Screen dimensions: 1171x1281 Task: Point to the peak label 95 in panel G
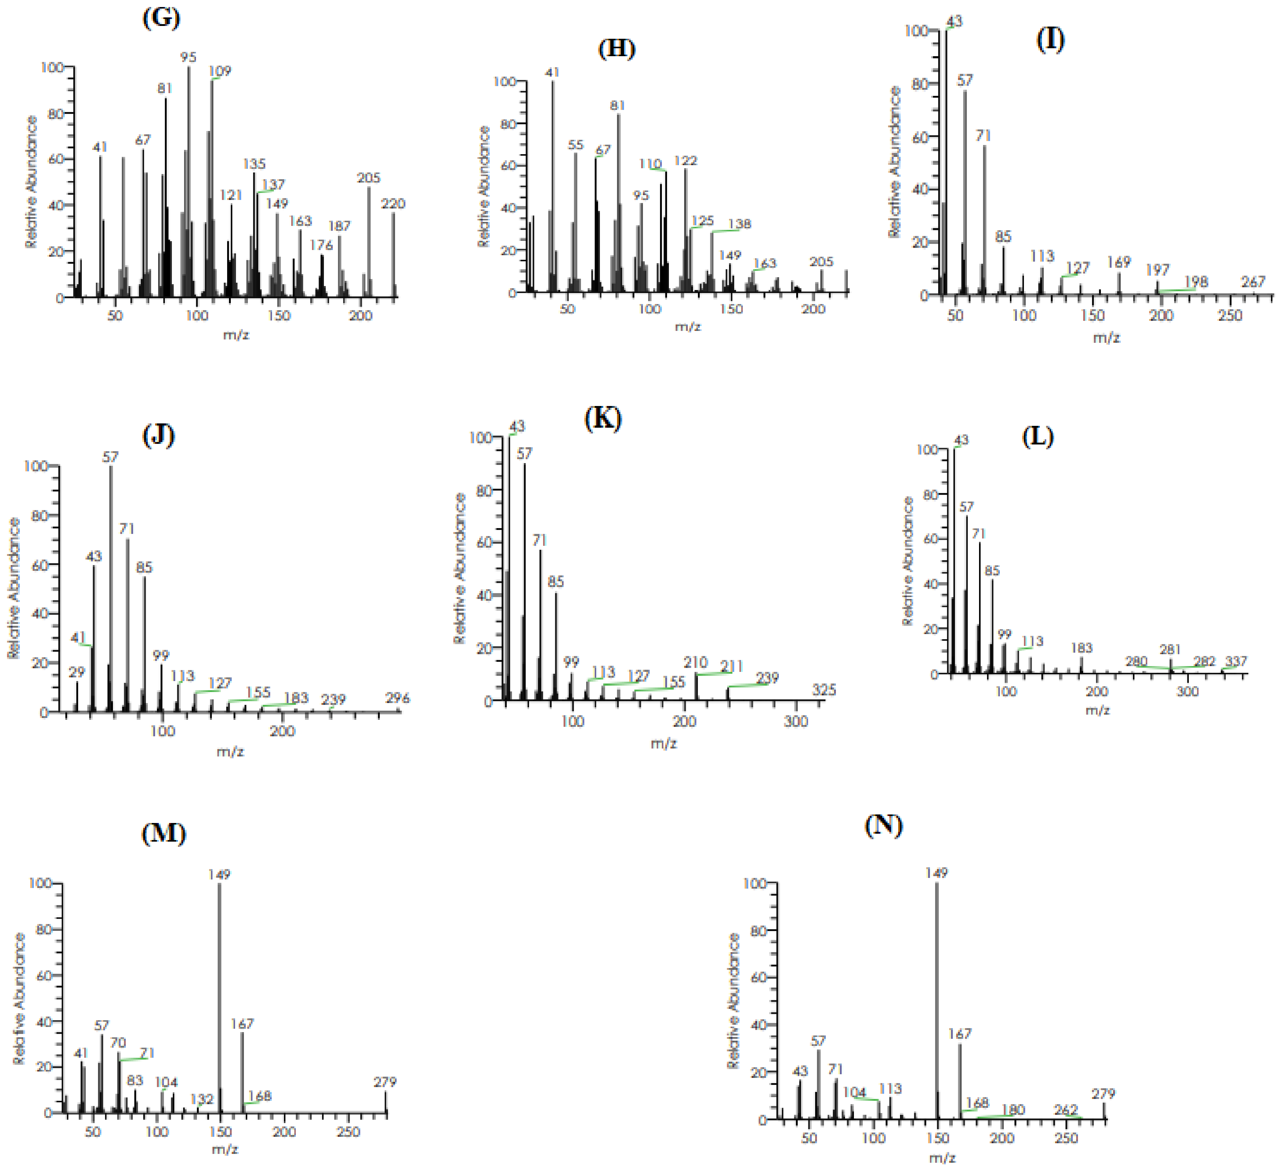point(188,57)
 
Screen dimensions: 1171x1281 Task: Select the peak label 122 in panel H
point(686,161)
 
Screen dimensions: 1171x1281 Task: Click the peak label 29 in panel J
point(77,672)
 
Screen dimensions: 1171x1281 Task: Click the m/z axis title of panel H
point(688,327)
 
